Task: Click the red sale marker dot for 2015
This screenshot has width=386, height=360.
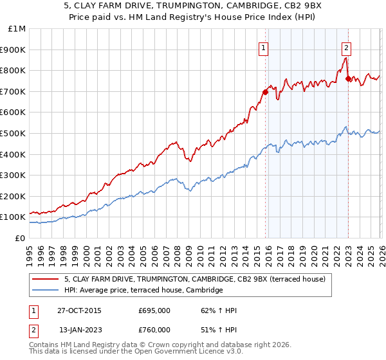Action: [265, 92]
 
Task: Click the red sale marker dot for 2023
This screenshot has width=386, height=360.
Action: [348, 78]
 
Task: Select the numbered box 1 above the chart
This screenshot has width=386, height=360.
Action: [264, 46]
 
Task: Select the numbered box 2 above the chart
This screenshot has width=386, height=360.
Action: [346, 46]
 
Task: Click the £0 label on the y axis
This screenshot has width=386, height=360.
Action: [20, 238]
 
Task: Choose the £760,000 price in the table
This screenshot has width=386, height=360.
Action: [154, 330]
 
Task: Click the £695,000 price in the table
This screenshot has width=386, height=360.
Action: [154, 310]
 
